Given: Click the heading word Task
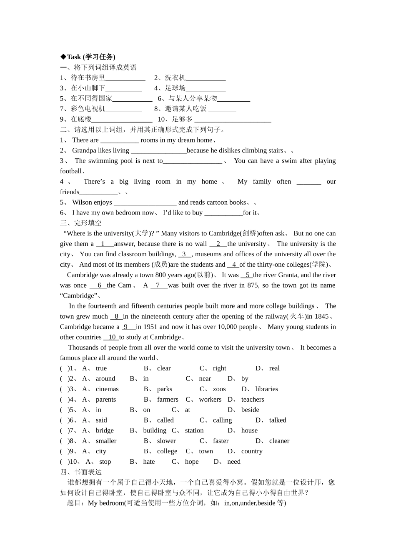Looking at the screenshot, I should coord(74,57).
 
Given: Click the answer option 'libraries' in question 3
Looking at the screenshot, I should coord(266,389).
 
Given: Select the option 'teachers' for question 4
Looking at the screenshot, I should coord(253,400).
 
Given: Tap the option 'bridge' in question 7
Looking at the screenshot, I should coord(105,430).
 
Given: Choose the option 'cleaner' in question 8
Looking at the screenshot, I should coord(279,441).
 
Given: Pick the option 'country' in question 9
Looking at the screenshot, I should coord(252,451).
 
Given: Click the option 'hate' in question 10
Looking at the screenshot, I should coord(149,462).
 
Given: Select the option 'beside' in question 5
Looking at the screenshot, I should coord(250,410).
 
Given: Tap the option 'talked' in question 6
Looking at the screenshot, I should coord(278,420).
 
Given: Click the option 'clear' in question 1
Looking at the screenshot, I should coord(164,368).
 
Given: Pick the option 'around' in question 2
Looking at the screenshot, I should coord(105,379).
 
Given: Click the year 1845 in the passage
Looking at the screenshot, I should coord(321,317).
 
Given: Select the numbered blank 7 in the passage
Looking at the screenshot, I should coord(158,285).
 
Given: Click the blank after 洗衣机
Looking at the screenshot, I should coord(206,78).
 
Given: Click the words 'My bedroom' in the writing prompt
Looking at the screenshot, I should coord(106,503).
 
